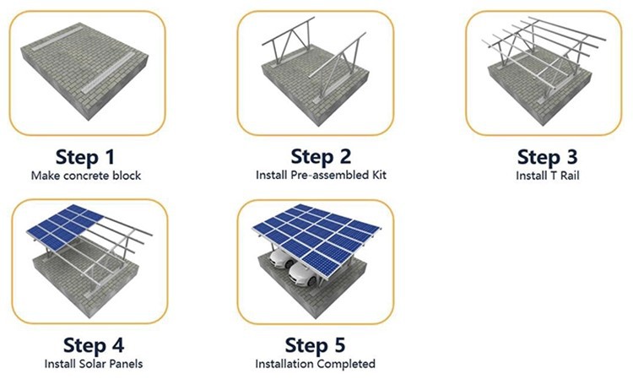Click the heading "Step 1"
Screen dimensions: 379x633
[87, 157]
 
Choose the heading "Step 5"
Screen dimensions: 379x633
[315, 346]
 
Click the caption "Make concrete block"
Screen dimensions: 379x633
[87, 176]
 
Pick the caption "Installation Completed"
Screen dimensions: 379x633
[315, 365]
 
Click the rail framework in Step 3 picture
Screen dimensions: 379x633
[540, 55]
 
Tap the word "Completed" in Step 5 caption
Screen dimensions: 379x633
[347, 365]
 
